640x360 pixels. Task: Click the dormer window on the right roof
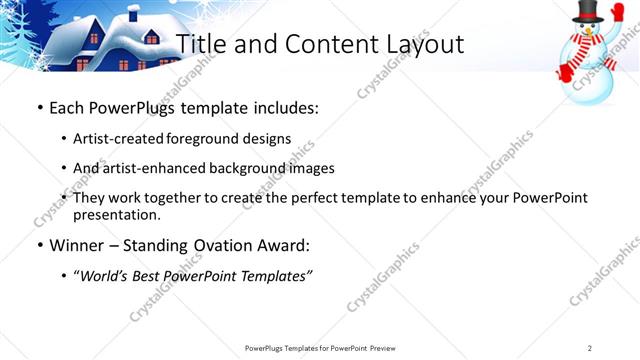coord(152,38)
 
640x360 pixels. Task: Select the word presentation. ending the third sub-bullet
coord(116,214)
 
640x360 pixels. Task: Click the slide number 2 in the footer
coord(590,347)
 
